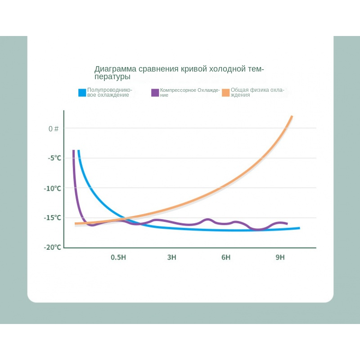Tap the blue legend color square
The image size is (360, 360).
[82, 92]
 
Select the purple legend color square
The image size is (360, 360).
[155, 92]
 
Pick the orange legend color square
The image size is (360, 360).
[225, 92]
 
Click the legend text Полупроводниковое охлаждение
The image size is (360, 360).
[109, 92]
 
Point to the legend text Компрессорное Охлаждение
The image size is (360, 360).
[189, 92]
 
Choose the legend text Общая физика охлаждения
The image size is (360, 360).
[257, 92]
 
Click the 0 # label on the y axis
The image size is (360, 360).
[54, 129]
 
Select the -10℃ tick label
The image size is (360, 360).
[52, 188]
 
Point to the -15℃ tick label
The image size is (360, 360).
[52, 218]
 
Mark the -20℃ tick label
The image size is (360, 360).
[52, 247]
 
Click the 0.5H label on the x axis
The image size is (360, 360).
[118, 257]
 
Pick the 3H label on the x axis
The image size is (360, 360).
[171, 257]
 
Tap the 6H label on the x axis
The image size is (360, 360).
[226, 257]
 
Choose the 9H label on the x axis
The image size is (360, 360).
[280, 257]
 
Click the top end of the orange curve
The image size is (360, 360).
[292, 117]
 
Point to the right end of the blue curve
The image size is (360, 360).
[299, 228]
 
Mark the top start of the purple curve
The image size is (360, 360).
[73, 151]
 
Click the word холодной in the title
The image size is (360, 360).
[227, 69]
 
